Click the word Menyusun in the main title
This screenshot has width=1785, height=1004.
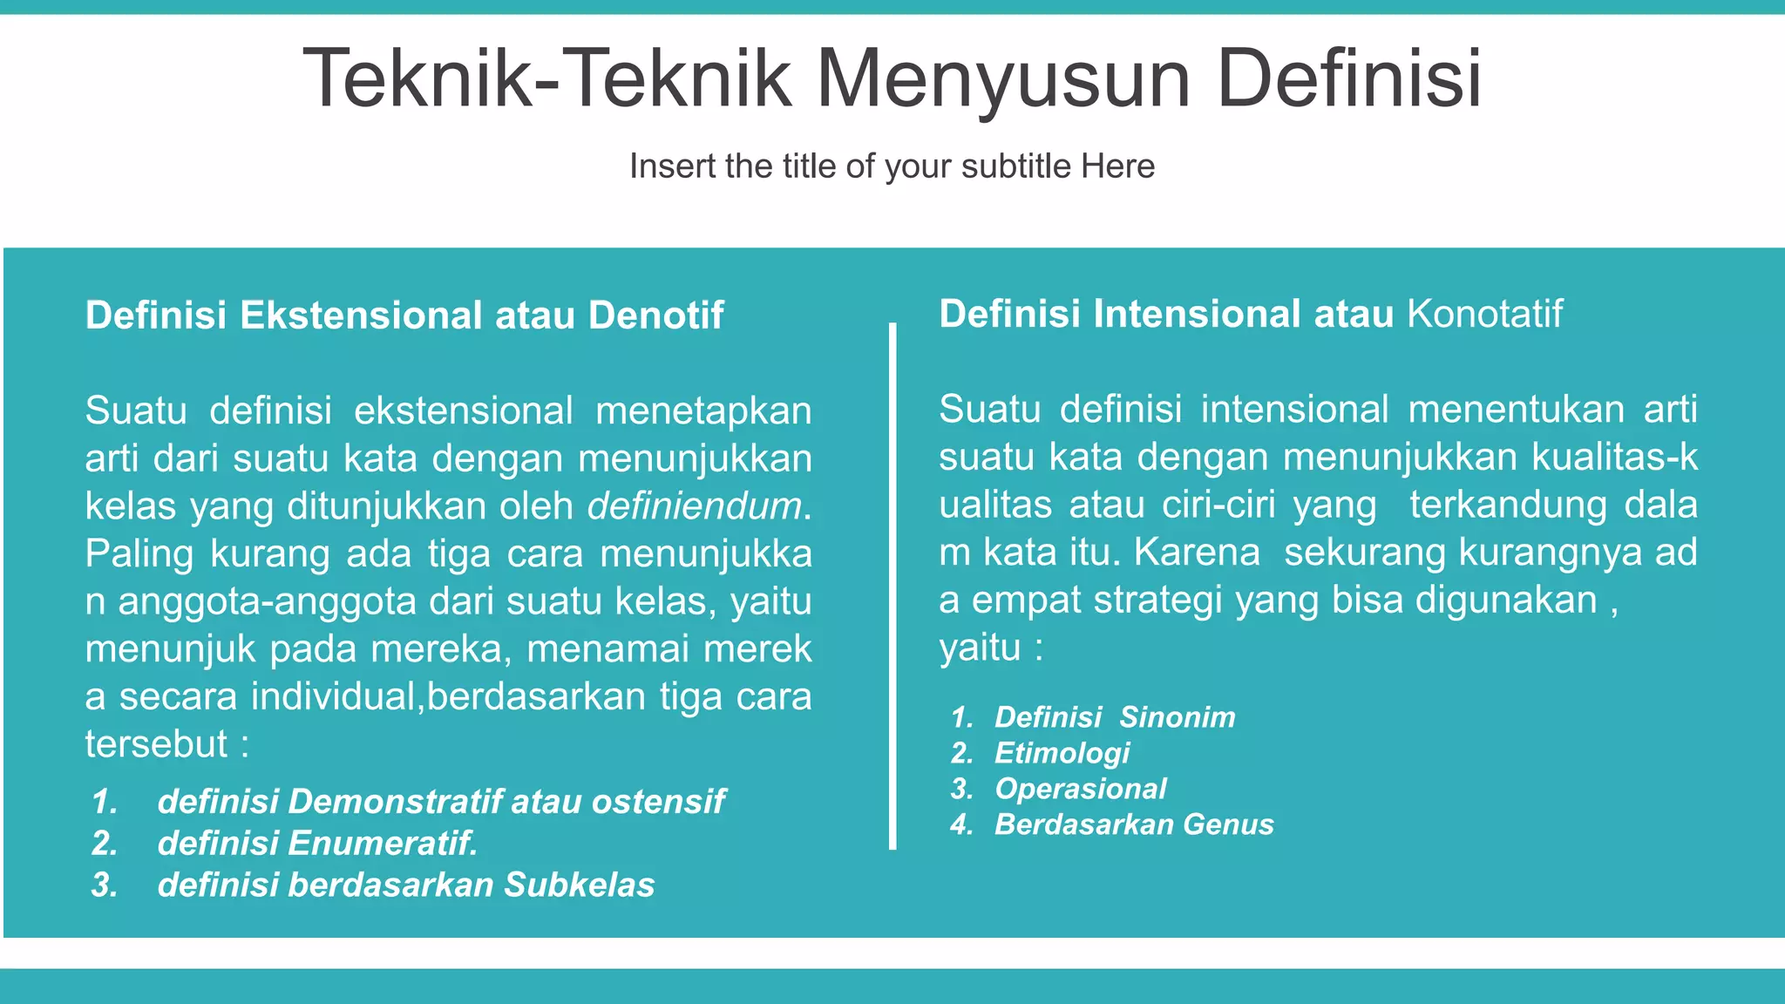click(1002, 80)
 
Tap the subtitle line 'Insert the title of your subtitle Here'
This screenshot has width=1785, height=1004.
click(892, 166)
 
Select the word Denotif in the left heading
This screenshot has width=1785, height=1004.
click(655, 315)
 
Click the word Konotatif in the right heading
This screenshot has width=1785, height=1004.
click(1484, 314)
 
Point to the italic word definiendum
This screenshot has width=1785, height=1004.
click(695, 506)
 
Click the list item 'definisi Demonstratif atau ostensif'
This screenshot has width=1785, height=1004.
click(440, 802)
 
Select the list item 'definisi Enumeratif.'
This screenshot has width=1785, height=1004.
click(317, 844)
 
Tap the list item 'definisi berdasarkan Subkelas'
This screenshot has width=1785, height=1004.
click(405, 885)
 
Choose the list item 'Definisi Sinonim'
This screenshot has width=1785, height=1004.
click(1115, 717)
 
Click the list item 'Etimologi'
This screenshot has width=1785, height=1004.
click(1062, 753)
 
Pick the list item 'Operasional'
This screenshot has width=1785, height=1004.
click(1080, 789)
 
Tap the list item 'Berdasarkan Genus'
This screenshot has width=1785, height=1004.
click(1134, 824)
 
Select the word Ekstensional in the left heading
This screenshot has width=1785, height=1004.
click(361, 315)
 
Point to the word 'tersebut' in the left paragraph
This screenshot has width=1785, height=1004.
click(156, 744)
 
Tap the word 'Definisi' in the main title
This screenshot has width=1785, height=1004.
click(1349, 80)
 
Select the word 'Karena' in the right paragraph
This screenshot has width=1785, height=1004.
click(1197, 553)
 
